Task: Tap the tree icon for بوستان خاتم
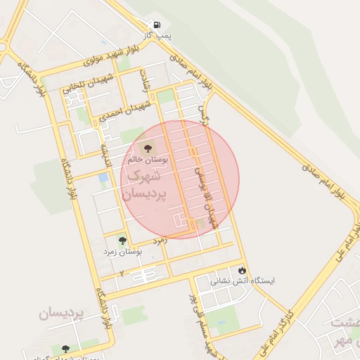click(148, 148)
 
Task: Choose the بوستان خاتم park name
click(148, 160)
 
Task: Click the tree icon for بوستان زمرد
click(122, 240)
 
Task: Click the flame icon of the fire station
click(242, 270)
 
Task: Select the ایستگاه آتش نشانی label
click(243, 280)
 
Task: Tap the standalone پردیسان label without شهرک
click(61, 313)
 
